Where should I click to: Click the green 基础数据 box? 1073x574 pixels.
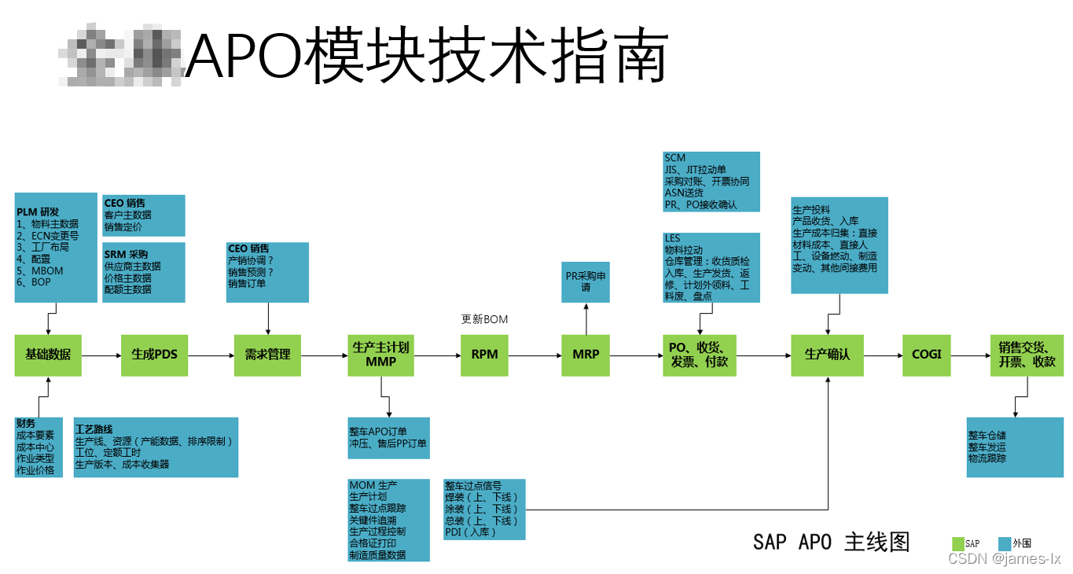48,355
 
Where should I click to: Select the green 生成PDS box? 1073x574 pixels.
154,355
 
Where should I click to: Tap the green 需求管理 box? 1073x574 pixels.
267,355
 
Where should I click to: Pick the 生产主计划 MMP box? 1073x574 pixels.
381,355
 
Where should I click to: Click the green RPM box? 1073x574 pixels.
484,355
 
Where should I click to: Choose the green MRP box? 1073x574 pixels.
586,355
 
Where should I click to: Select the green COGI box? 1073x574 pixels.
926,355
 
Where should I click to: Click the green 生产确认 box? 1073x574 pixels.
827,355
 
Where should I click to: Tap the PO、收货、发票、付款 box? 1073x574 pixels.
699,355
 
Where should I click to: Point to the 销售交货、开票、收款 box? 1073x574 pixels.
1027,355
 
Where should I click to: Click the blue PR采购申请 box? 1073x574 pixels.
586,281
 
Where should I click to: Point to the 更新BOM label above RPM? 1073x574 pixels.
484,319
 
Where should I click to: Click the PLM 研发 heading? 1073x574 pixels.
38,212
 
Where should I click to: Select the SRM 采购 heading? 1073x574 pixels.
126,255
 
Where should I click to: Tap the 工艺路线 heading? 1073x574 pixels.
94,430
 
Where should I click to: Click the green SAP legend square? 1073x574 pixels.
957,543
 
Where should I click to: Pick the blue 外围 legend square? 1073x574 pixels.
1004,543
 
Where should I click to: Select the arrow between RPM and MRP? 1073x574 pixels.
535,355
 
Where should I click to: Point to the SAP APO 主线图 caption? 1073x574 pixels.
831,542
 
